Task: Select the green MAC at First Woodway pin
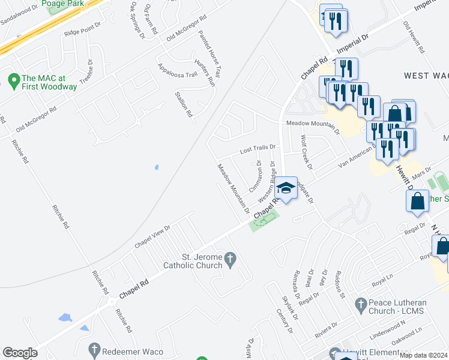point(13,79)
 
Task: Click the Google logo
point(20,353)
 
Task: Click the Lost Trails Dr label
point(258,147)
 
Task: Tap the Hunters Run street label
point(204,71)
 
